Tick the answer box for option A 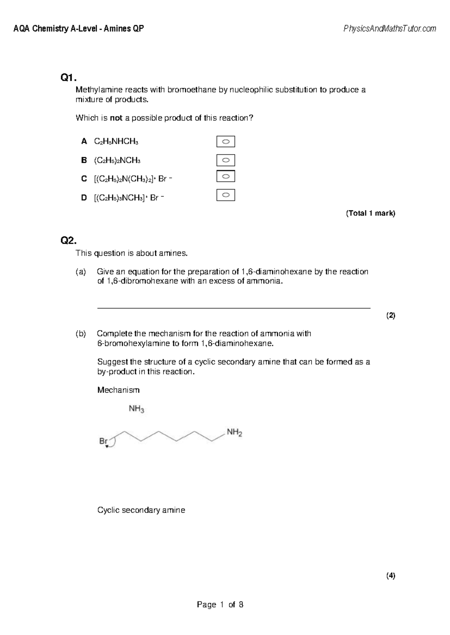pyautogui.click(x=225, y=142)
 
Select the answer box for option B pyautogui.click(x=225, y=160)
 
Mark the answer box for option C pyautogui.click(x=225, y=176)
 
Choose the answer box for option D pyautogui.click(x=225, y=195)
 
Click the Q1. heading pyautogui.click(x=68, y=78)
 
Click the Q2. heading pyautogui.click(x=68, y=240)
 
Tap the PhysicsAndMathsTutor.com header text pyautogui.click(x=390, y=28)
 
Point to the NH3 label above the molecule pyautogui.click(x=136, y=409)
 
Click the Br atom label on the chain pyautogui.click(x=103, y=441)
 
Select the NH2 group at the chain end pyautogui.click(x=234, y=433)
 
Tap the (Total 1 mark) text pyautogui.click(x=370, y=213)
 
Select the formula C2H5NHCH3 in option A pyautogui.click(x=116, y=142)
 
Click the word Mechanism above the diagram pyautogui.click(x=118, y=390)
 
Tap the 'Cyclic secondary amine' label pyautogui.click(x=141, y=510)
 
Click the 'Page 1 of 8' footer pyautogui.click(x=220, y=604)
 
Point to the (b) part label pyautogui.click(x=81, y=334)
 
